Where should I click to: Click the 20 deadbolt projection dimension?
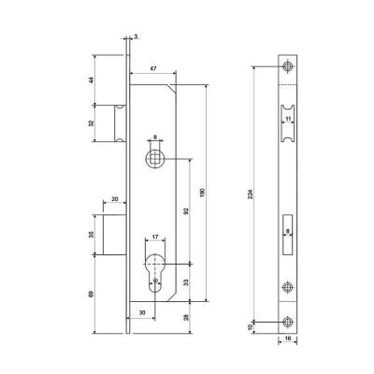tap(115, 199)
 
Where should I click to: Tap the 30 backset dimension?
tap(142, 312)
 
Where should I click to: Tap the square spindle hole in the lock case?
tap(155, 158)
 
